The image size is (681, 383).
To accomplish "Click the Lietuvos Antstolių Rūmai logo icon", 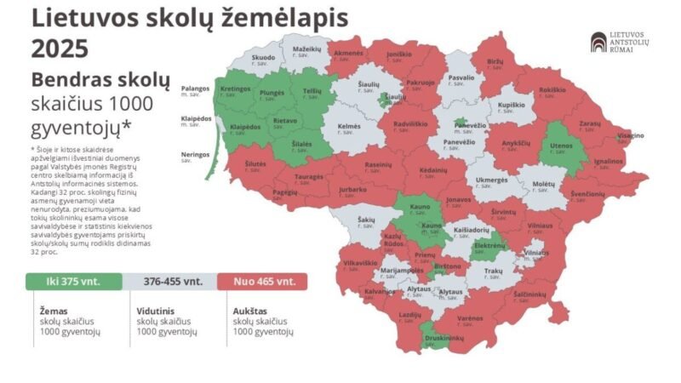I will [599, 43].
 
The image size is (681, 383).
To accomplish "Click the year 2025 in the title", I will [60, 49].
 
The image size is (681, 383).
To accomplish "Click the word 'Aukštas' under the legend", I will [249, 312].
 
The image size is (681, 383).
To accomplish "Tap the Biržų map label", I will [495, 62].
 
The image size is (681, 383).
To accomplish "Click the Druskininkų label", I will [447, 338].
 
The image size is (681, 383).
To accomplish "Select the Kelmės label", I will [349, 126].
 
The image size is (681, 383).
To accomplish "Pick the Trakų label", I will [494, 271].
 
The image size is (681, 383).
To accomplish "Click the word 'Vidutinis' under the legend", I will [157, 312].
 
